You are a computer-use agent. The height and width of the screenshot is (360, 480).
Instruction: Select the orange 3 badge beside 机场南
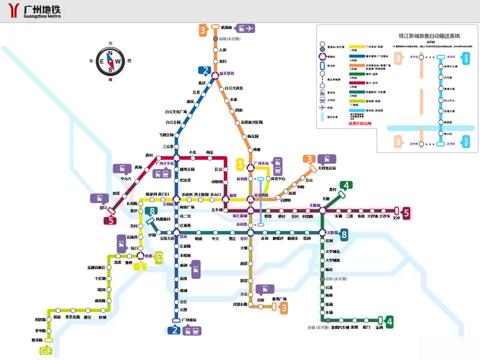204,29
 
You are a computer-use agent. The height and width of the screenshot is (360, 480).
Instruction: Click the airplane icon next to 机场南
246,28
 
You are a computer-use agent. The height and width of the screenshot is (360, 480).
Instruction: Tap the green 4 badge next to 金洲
389,322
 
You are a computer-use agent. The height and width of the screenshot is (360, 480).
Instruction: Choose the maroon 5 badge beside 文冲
407,212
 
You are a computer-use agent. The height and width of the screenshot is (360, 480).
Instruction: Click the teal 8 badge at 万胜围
344,235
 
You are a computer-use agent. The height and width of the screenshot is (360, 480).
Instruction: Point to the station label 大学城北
332,251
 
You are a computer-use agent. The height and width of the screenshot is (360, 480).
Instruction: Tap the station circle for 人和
215,50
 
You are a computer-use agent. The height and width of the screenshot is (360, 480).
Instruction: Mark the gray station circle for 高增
215,39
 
